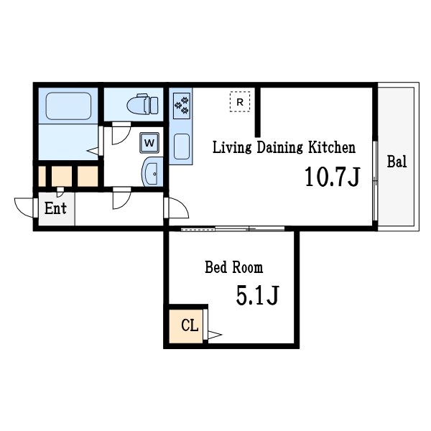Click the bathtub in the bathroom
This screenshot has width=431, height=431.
click(x=68, y=106)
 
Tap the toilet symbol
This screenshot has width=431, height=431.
click(x=142, y=104)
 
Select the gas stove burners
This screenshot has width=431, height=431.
click(x=182, y=106)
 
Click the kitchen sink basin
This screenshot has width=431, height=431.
click(x=182, y=147)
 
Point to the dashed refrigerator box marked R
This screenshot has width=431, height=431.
click(x=240, y=102)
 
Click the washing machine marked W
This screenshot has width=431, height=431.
click(x=149, y=143)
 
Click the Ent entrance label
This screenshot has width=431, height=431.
click(x=55, y=208)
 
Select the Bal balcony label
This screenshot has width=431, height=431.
click(x=397, y=162)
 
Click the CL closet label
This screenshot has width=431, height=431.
click(x=190, y=325)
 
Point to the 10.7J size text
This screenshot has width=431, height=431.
click(x=333, y=177)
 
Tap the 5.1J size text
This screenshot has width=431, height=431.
click(x=258, y=295)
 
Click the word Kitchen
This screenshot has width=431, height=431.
click(x=332, y=147)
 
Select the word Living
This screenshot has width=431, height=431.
click(x=232, y=147)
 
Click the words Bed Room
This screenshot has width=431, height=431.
click(x=234, y=267)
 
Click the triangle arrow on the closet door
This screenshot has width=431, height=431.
click(x=215, y=335)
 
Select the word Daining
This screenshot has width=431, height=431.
click(x=279, y=147)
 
